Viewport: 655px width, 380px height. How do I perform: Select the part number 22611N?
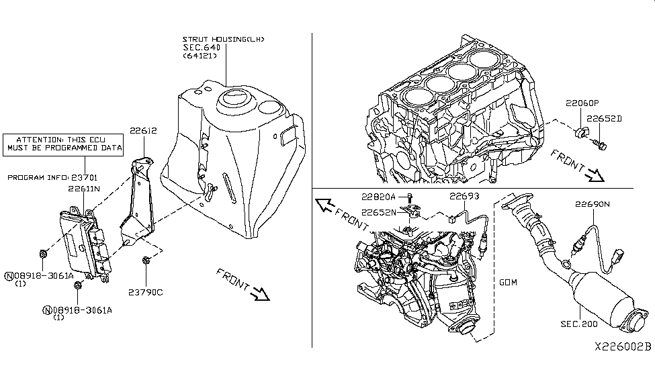pyautogui.click(x=84, y=189)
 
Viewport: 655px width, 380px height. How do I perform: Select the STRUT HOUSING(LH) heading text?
pyautogui.click(x=224, y=40)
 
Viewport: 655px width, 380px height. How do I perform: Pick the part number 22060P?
pyautogui.click(x=581, y=103)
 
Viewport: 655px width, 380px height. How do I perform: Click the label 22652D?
pyautogui.click(x=605, y=118)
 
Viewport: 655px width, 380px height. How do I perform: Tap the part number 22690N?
pyautogui.click(x=591, y=203)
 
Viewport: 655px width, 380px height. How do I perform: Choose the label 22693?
pyautogui.click(x=466, y=197)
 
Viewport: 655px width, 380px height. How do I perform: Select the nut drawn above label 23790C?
pyautogui.click(x=146, y=260)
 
